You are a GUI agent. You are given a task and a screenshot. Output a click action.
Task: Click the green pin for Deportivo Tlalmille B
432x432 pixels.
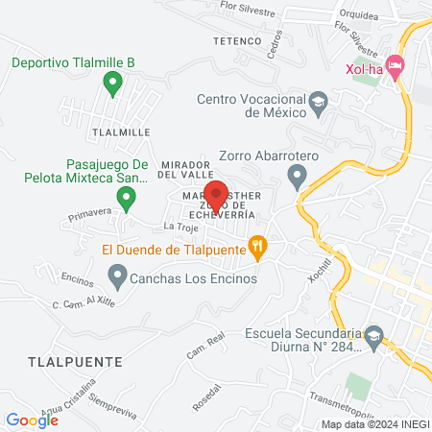tap(112, 84)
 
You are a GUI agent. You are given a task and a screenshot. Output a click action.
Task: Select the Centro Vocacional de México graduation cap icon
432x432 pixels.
tap(318, 101)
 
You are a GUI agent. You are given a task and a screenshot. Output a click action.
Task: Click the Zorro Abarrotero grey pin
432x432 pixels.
tap(298, 175)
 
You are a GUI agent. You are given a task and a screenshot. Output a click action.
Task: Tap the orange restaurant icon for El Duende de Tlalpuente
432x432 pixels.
tap(256, 246)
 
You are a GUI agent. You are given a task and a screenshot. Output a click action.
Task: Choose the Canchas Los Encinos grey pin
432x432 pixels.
tap(118, 276)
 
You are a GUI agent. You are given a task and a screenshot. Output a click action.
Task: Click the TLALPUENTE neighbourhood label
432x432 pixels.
tap(55, 362)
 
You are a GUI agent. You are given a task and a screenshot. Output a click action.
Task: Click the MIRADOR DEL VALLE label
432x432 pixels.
tap(185, 169)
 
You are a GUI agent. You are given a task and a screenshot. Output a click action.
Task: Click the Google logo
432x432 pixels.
tap(32, 420)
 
